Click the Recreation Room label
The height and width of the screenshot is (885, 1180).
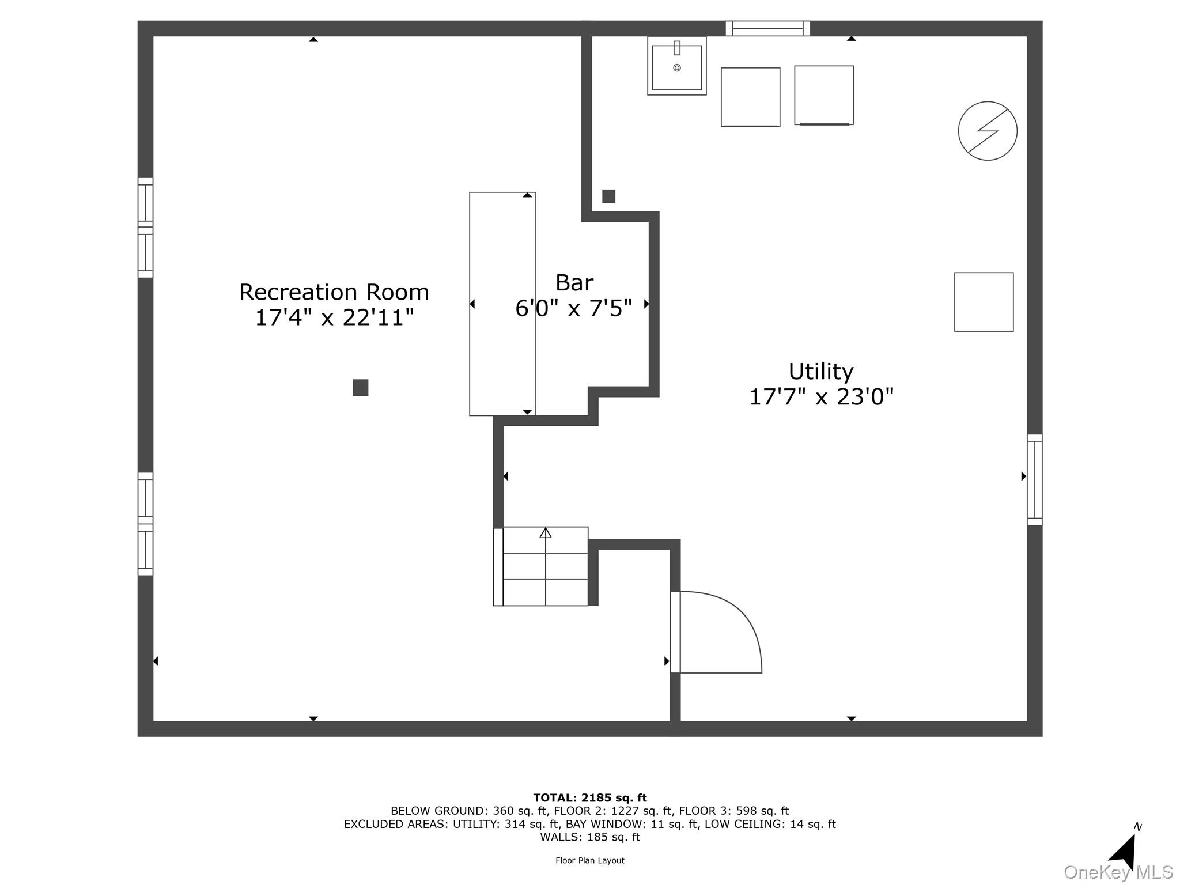coord(334,292)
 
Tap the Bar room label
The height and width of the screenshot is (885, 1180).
coord(574,283)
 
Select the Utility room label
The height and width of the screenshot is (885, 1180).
coord(820,372)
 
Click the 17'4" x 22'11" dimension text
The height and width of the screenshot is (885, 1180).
coord(334,317)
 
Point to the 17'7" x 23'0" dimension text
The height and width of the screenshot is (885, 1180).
coord(820,397)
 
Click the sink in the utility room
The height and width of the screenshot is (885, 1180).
coord(676,66)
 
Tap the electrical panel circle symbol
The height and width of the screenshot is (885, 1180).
coord(987,131)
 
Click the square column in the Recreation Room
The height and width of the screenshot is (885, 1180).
coord(360,388)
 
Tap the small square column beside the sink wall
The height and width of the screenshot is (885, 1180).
coord(608,196)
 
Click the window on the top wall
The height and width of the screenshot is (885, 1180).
coord(767,28)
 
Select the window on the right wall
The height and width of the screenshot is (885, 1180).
coord(1034,479)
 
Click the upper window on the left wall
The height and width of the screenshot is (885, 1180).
coord(145,228)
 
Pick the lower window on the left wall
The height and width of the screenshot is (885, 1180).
coord(145,524)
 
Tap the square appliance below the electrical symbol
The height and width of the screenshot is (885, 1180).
coord(984,302)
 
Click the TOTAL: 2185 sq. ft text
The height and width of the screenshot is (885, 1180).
coord(589,798)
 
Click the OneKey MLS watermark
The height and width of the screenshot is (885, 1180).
coord(1118,872)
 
